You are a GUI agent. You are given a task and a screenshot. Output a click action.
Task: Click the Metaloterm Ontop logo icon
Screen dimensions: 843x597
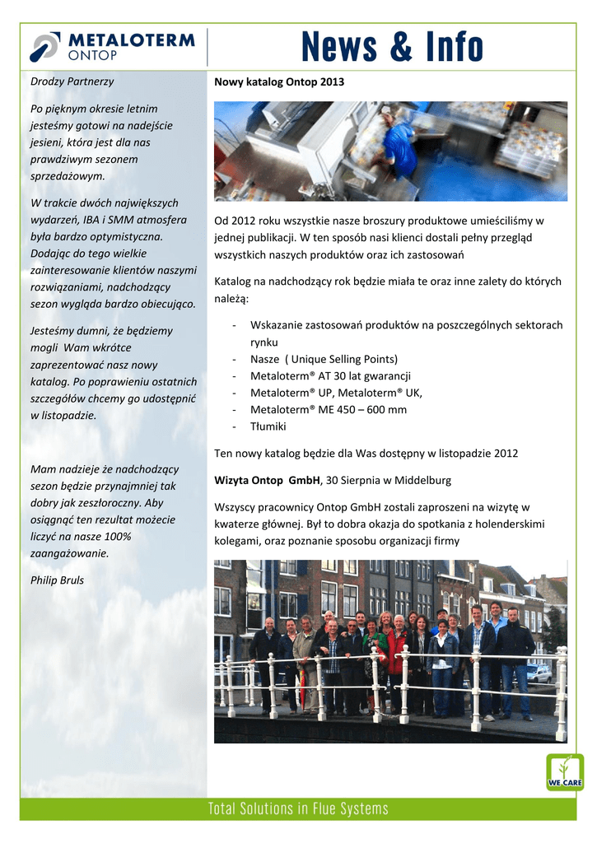pos(44,47)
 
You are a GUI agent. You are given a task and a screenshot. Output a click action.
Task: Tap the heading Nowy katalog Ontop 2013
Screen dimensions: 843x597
pos(279,82)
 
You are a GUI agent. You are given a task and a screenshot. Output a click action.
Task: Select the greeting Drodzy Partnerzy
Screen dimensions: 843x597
pos(72,82)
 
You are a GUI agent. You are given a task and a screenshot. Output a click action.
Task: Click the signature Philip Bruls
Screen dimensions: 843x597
pos(57,580)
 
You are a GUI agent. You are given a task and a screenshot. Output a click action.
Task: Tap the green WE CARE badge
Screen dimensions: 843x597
pos(565,772)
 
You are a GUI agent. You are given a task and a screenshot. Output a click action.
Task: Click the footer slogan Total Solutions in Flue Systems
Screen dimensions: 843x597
pos(298,808)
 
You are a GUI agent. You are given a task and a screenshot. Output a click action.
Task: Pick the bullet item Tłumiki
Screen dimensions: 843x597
pos(268,426)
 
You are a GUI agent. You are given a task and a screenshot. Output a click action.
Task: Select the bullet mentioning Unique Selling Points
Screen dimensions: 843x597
pos(324,359)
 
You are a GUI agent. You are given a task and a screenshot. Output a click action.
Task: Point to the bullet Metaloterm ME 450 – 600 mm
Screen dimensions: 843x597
pos(328,410)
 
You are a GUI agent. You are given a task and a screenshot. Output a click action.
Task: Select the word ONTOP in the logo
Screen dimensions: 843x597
pos(91,55)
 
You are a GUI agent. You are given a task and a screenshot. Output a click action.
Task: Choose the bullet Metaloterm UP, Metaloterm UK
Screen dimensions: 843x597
pos(336,393)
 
